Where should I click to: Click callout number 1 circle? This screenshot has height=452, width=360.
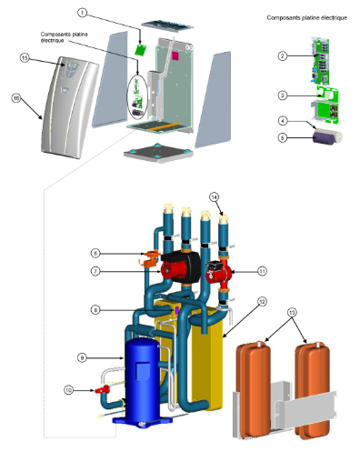pos(82,13)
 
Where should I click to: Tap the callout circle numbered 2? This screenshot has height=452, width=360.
pos(283,55)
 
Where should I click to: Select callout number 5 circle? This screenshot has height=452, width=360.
pos(283,138)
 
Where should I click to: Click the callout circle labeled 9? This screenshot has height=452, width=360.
pos(82,357)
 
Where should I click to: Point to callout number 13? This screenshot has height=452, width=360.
pos(292,312)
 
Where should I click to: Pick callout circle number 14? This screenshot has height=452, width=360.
pos(214,197)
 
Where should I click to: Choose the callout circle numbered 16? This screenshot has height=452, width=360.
pos(16,98)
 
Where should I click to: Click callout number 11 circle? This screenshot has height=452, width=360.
pos(262,271)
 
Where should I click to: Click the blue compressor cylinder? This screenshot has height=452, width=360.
pos(142,382)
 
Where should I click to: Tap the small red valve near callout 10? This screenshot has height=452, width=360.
pos(103,389)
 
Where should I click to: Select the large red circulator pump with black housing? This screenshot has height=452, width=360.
pos(180,268)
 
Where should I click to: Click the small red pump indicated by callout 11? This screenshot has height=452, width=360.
pos(218,272)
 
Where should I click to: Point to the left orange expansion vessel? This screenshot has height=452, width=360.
pos(254,389)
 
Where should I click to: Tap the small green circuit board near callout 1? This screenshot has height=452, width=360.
pos(140,50)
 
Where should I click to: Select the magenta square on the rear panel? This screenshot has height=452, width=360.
pos(175,55)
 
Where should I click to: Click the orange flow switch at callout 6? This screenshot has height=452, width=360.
pos(150,258)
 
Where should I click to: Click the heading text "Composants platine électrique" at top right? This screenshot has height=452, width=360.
pos(306,18)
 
